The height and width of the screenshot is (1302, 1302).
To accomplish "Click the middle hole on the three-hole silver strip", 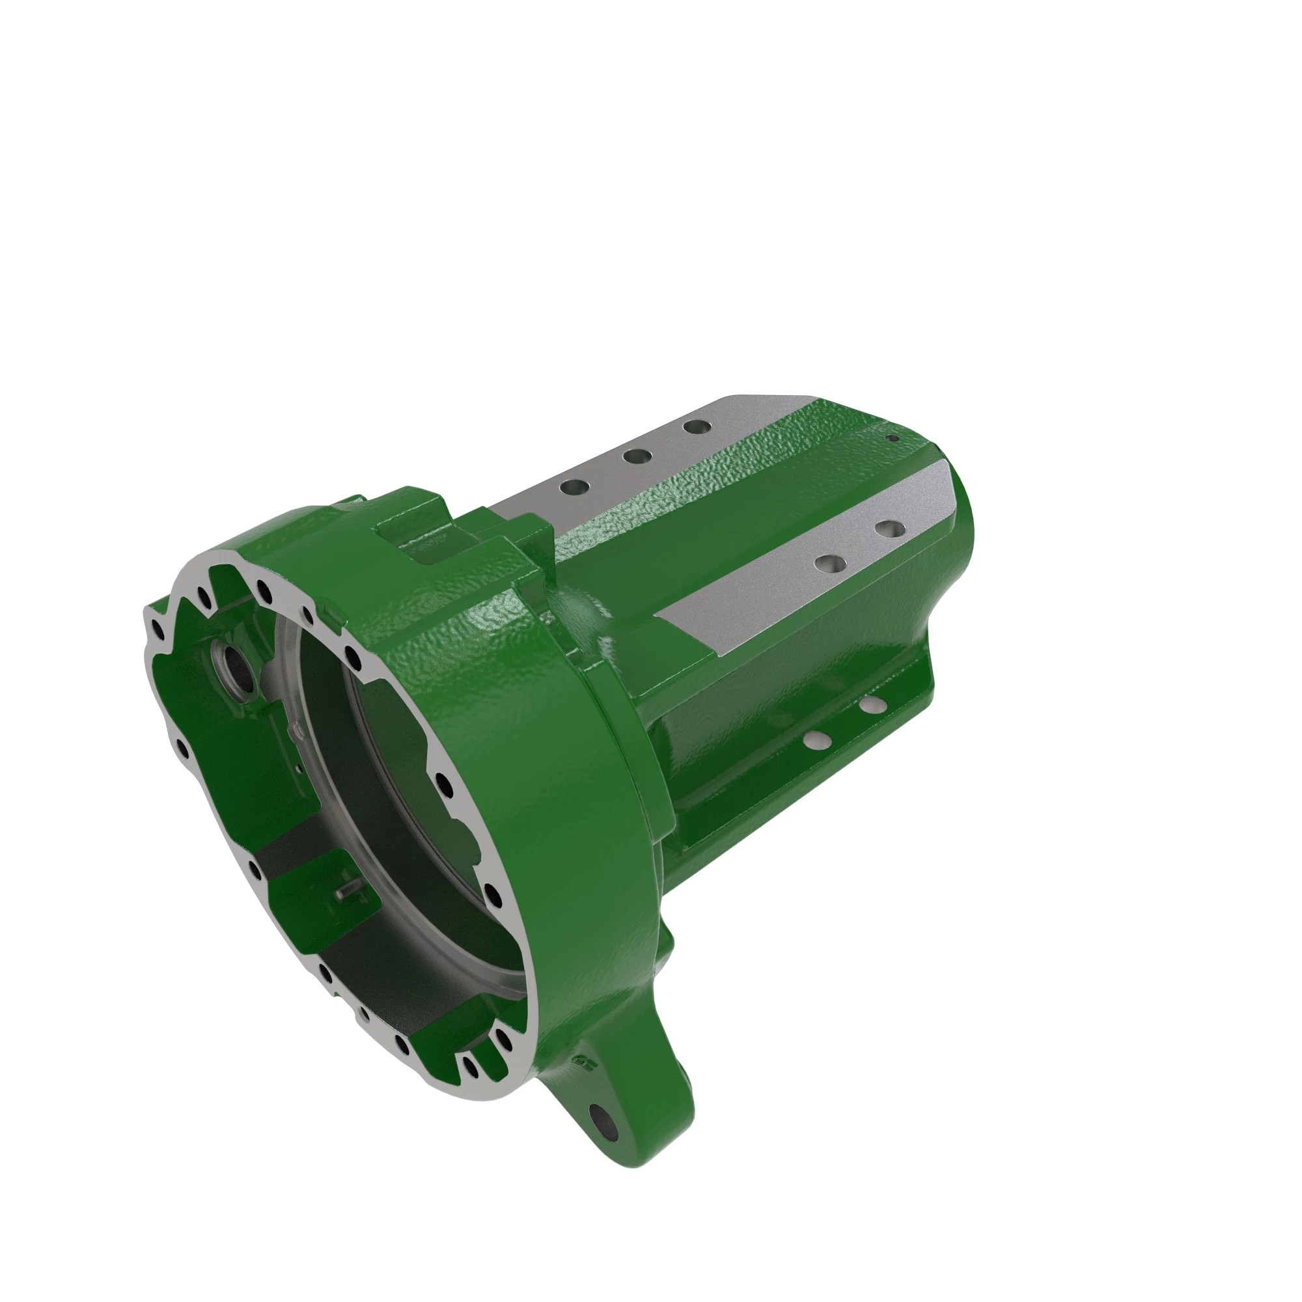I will (637, 456).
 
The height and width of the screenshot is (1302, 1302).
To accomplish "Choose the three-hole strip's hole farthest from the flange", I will (695, 426).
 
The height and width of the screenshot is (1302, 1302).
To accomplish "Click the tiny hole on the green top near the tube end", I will (894, 437).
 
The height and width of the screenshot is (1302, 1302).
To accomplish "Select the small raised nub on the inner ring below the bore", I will (291, 729).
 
